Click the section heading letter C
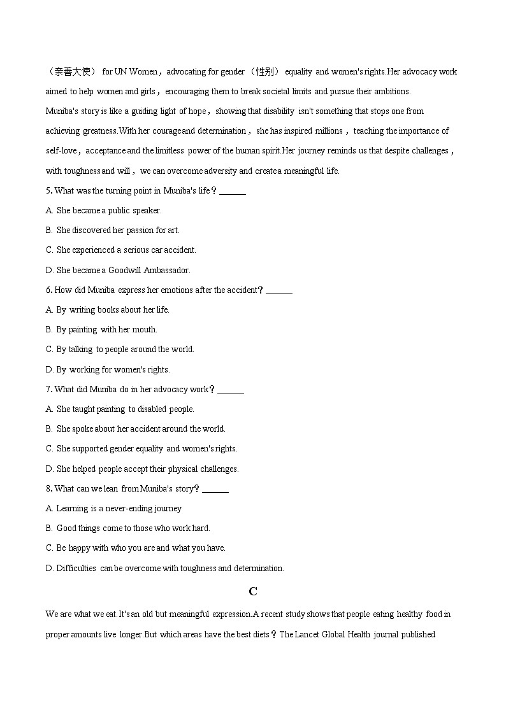(253, 591)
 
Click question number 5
(48, 190)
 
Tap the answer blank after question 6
(279, 290)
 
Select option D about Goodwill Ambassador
(118, 270)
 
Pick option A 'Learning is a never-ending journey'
(113, 509)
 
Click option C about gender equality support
(141, 449)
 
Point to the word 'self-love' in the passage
(61, 151)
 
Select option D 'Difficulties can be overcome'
(164, 568)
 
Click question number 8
(48, 489)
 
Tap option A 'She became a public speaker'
(104, 210)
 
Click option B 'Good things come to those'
(128, 528)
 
